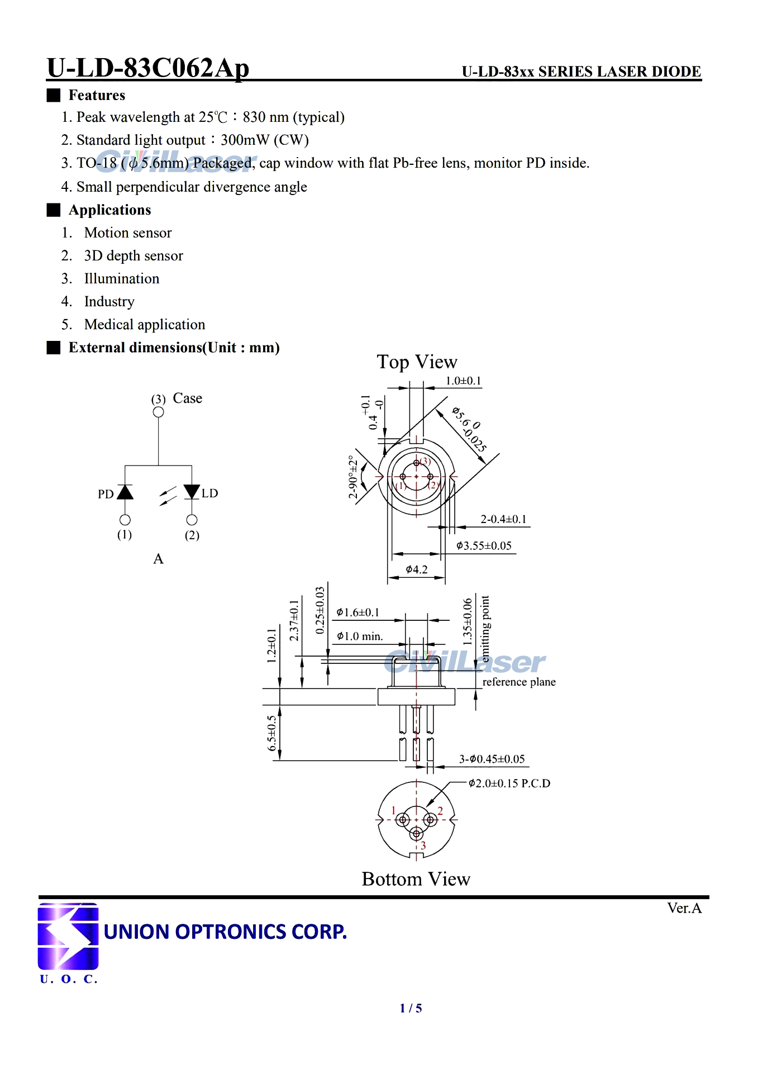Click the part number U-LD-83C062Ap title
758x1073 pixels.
coord(148,68)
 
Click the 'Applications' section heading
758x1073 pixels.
coord(110,210)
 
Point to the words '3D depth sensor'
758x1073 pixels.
coord(134,255)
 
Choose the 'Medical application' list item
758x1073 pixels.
coord(145,325)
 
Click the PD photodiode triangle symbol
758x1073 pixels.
coord(125,492)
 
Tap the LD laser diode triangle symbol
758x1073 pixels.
coord(192,492)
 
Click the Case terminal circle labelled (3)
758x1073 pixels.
coord(159,412)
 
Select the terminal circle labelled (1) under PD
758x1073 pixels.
coord(125,520)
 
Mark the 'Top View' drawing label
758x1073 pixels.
coord(417,362)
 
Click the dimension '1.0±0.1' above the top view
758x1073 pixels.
coord(463,381)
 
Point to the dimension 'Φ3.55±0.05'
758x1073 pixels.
coord(484,545)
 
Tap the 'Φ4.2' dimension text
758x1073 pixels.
coord(417,569)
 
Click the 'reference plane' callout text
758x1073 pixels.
coord(519,682)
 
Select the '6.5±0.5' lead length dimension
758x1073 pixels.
coord(272,733)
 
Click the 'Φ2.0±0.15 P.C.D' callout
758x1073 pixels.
coord(509,784)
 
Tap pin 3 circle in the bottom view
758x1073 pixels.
coord(417,834)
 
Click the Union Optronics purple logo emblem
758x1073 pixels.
coord(68,936)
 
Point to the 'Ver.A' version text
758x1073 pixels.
coord(684,908)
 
